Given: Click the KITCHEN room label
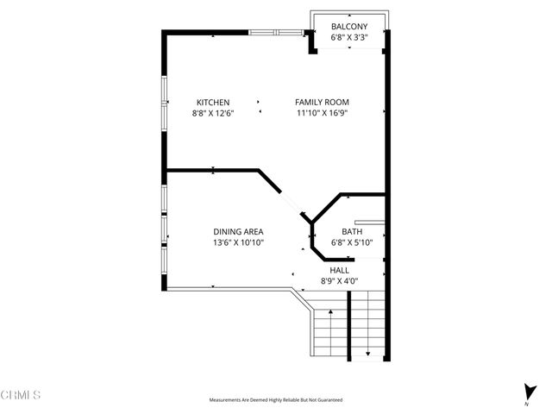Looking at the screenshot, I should click(x=212, y=102).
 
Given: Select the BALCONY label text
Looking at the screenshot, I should click(x=349, y=27).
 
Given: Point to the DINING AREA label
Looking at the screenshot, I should click(x=238, y=231).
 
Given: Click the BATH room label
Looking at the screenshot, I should click(x=351, y=231).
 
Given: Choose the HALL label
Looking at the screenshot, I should click(x=340, y=270).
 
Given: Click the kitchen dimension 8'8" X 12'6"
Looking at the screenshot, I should click(x=212, y=112).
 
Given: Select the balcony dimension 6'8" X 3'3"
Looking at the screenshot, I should click(x=349, y=37).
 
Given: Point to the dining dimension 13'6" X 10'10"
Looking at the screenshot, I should click(x=238, y=242).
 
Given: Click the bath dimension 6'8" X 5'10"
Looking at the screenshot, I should click(x=351, y=242).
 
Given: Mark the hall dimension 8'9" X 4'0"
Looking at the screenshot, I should click(x=340, y=280).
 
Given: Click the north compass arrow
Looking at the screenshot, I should click(x=526, y=390).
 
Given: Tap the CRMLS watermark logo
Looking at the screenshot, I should click(x=21, y=395).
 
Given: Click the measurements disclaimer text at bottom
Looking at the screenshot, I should click(x=275, y=400).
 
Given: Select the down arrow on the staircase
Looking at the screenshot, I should click(x=367, y=352).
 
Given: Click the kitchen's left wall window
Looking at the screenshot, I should click(x=164, y=102).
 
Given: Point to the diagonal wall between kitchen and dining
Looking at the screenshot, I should click(x=269, y=181).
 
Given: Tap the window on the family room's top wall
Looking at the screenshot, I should click(x=277, y=32).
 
